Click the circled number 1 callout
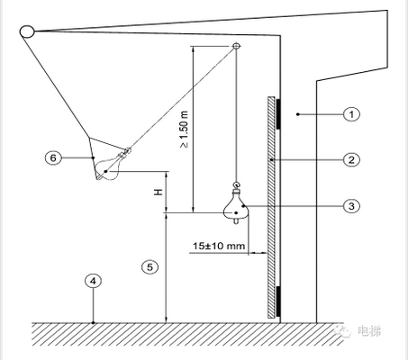coord(351,114)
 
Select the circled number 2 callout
coord(351,160)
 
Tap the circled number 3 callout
coord(351,206)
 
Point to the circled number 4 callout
coord(94,281)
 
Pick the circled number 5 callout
coord(150,267)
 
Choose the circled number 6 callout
coord(53,157)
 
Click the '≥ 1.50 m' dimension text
coord(184,129)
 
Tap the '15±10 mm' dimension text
coord(219,246)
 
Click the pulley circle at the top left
coord(27,31)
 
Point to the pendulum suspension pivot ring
coord(236,46)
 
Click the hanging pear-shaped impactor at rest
coord(237,205)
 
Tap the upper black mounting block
coord(278,113)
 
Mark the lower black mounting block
coord(278,301)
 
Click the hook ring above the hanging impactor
coord(237,184)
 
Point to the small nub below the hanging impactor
coord(237,221)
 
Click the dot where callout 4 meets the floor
coord(94,323)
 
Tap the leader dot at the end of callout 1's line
coord(298,114)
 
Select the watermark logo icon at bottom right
coord(343,330)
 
